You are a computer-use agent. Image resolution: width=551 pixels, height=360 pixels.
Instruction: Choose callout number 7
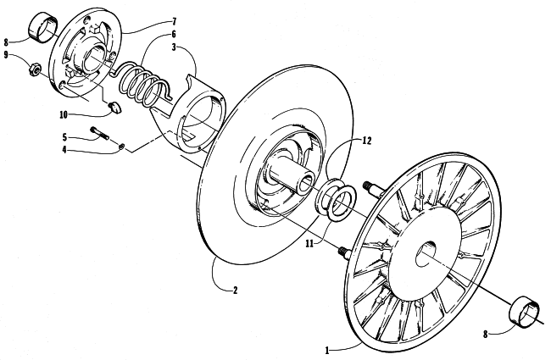point(175,19)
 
